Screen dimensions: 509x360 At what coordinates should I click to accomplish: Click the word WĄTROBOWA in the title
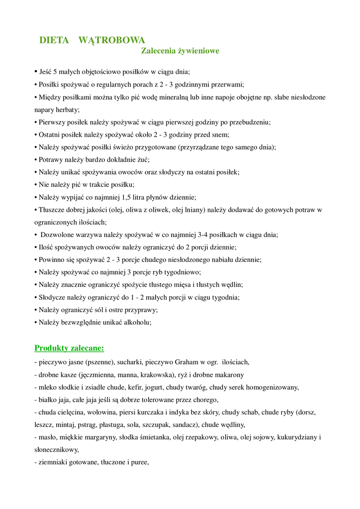point(112,40)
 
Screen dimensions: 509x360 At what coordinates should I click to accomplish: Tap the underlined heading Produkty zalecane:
point(69,348)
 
